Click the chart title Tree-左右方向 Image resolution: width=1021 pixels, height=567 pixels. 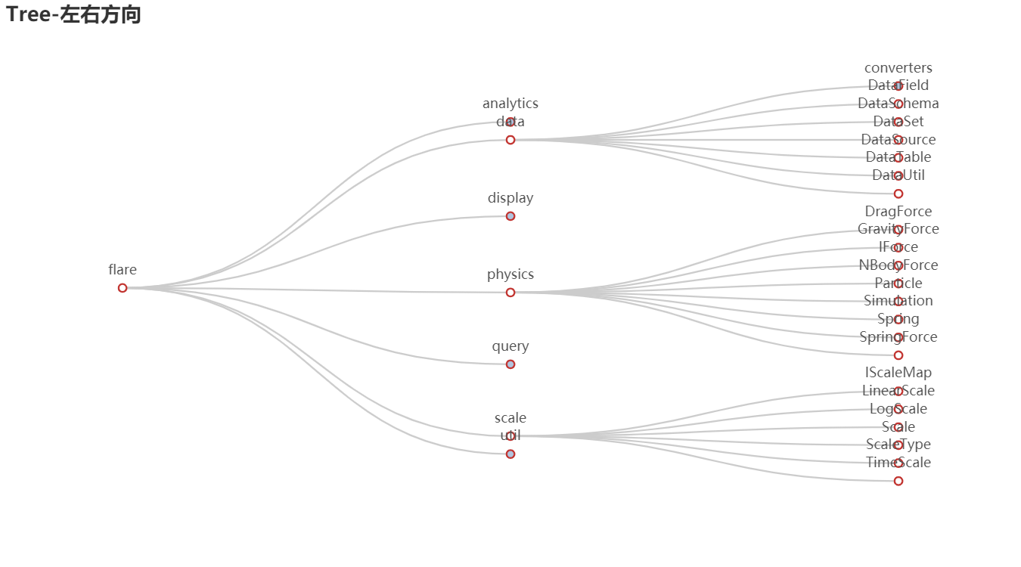pyautogui.click(x=73, y=14)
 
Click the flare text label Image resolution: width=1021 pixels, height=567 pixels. pyautogui.click(x=123, y=270)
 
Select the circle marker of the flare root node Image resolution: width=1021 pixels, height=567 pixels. pyautogui.click(x=123, y=288)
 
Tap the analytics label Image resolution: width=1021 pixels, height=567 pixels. pyautogui.click(x=510, y=104)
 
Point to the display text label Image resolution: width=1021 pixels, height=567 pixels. pyautogui.click(x=510, y=198)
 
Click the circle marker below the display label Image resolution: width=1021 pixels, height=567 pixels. pyautogui.click(x=510, y=216)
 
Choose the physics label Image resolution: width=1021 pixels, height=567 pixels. pyautogui.click(x=510, y=274)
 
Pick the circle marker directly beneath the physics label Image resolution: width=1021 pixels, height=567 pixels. pyautogui.click(x=510, y=293)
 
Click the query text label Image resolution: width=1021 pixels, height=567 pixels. pyautogui.click(x=510, y=346)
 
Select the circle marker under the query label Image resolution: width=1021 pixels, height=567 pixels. pyautogui.click(x=510, y=364)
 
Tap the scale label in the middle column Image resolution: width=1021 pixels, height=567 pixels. pyautogui.click(x=510, y=418)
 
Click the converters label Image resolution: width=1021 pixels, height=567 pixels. pyautogui.click(x=898, y=68)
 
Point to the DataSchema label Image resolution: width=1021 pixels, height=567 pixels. pyautogui.click(x=898, y=104)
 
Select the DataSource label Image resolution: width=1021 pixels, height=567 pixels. pyautogui.click(x=898, y=140)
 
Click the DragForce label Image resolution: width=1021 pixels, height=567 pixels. pyautogui.click(x=898, y=212)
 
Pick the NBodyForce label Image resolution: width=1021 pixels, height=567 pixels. pyautogui.click(x=898, y=265)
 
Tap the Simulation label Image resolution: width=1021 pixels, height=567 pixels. pyautogui.click(x=898, y=301)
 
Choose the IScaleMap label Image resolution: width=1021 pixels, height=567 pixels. pyautogui.click(x=898, y=373)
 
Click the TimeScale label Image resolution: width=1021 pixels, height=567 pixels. pyautogui.click(x=898, y=463)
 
